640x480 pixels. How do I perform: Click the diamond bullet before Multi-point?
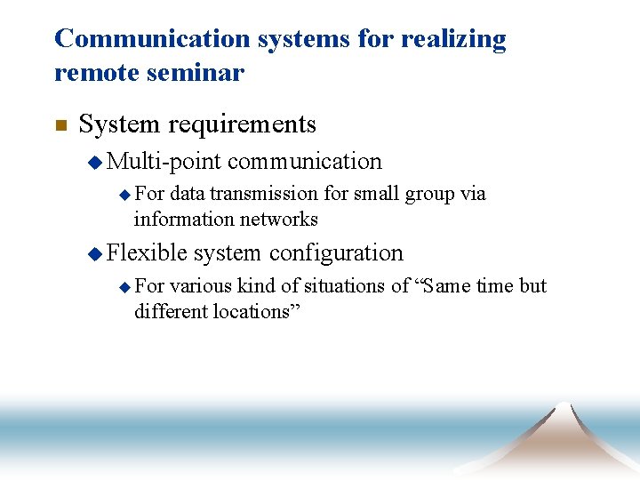[x=95, y=162]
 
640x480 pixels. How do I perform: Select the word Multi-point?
[x=164, y=161]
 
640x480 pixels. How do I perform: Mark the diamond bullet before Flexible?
[x=95, y=253]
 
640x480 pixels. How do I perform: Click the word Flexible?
[x=147, y=252]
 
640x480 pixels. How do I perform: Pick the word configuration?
[x=336, y=252]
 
